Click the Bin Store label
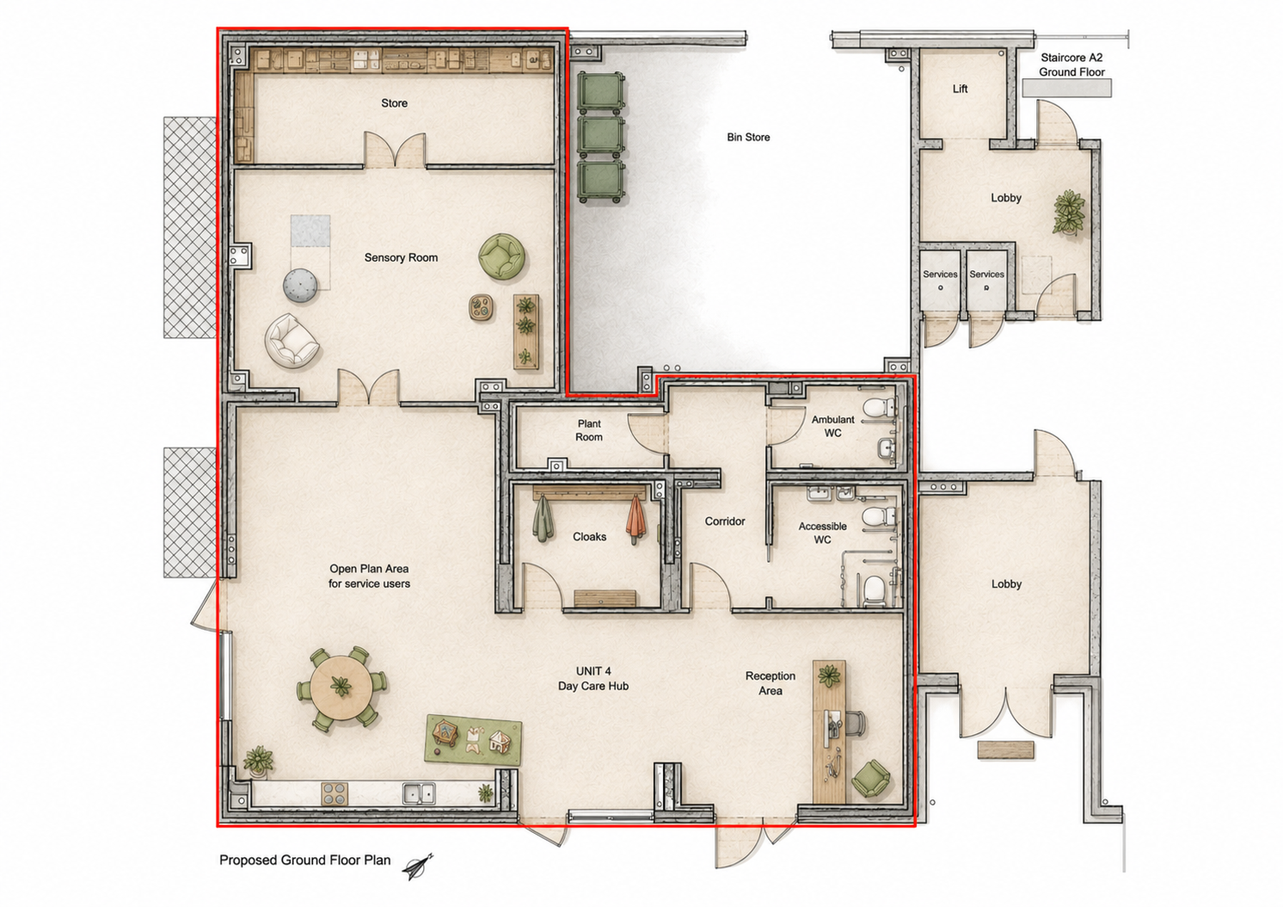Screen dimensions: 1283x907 748,137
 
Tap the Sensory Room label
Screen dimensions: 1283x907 401,257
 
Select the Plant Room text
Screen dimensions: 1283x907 589,430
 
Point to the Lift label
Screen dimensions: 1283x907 960,89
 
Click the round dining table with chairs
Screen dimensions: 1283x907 341,688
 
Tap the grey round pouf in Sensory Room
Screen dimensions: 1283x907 301,286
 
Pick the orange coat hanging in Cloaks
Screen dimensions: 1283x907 635,519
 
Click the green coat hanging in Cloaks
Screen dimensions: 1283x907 542,518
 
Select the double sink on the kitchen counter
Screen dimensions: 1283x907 419,794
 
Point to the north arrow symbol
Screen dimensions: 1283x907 418,867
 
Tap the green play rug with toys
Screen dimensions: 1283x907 473,740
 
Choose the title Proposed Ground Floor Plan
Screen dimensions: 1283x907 304,860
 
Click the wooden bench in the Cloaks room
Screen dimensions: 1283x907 605,599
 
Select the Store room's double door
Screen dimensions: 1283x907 396,151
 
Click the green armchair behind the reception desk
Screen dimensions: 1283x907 870,779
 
